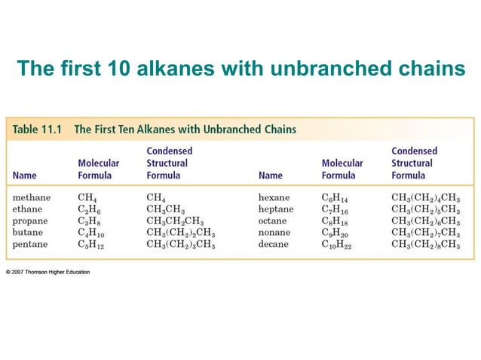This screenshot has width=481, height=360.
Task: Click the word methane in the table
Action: coord(32,197)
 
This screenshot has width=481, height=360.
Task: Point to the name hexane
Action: coord(274,197)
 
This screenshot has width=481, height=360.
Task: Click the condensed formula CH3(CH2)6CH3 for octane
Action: coord(425,221)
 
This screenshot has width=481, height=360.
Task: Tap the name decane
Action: coord(274,244)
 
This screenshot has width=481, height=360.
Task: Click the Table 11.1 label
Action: coord(36,129)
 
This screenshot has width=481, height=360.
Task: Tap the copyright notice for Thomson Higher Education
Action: coord(47,272)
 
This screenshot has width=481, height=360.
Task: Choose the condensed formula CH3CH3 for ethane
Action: coord(167,209)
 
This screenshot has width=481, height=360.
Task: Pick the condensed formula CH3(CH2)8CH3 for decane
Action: coord(425,244)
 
